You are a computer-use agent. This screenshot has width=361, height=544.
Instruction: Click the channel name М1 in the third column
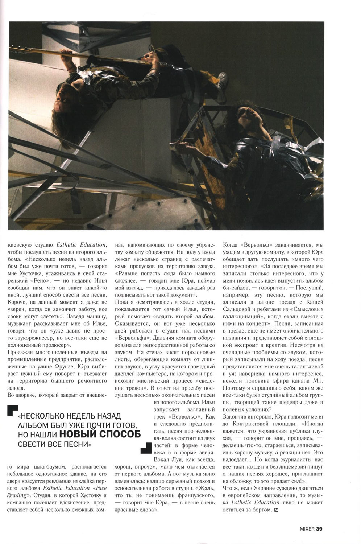316,381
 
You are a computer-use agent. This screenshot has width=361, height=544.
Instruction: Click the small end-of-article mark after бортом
277,510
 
